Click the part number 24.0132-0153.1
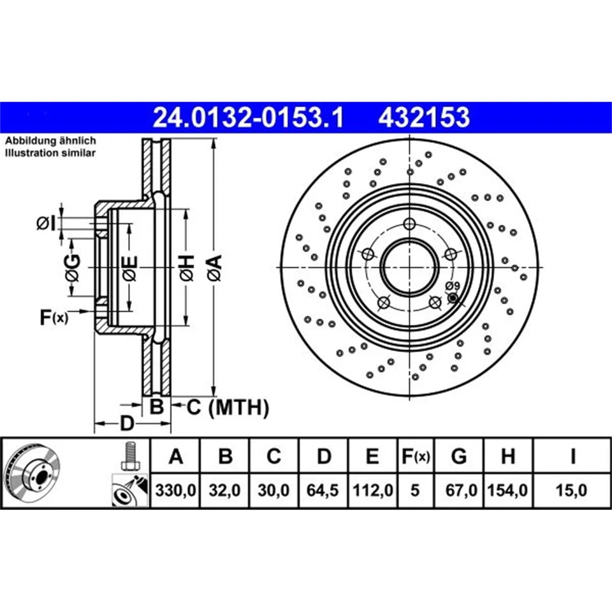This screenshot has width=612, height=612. click(248, 117)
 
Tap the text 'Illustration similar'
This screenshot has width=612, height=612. click(50, 153)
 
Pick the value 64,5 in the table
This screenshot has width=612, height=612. click(324, 491)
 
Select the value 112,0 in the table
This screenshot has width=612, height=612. click(372, 491)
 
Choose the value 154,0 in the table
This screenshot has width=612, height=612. click(507, 491)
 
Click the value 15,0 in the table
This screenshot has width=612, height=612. click(572, 491)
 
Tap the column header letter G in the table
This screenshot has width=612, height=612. click(458, 456)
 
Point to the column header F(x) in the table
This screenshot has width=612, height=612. click(415, 456)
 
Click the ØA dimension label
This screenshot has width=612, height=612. click(214, 267)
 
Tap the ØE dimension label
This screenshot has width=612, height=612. click(129, 268)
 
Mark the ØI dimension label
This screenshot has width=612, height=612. click(46, 223)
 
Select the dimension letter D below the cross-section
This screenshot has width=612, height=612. click(127, 424)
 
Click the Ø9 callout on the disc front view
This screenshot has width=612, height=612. click(452, 286)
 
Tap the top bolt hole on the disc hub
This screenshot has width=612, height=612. click(409, 224)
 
